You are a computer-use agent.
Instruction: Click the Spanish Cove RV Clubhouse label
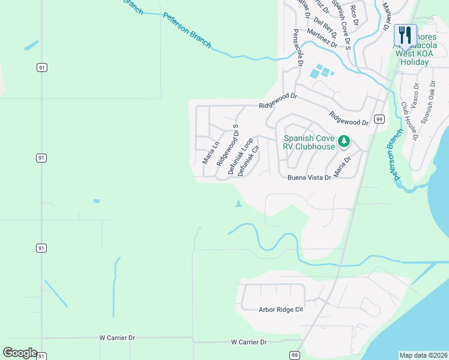[309, 142]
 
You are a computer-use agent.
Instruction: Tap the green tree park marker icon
[343, 142]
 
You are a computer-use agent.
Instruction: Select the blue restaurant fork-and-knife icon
[405, 35]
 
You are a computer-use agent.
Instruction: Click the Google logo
[20, 352]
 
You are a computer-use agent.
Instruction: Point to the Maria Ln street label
[210, 152]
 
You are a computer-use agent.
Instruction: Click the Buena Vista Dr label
[309, 178]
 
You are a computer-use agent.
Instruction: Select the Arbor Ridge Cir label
[281, 310]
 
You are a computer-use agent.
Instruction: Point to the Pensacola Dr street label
[298, 47]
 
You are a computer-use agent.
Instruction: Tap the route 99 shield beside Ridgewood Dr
[379, 119]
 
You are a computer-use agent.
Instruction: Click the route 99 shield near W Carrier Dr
[295, 355]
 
